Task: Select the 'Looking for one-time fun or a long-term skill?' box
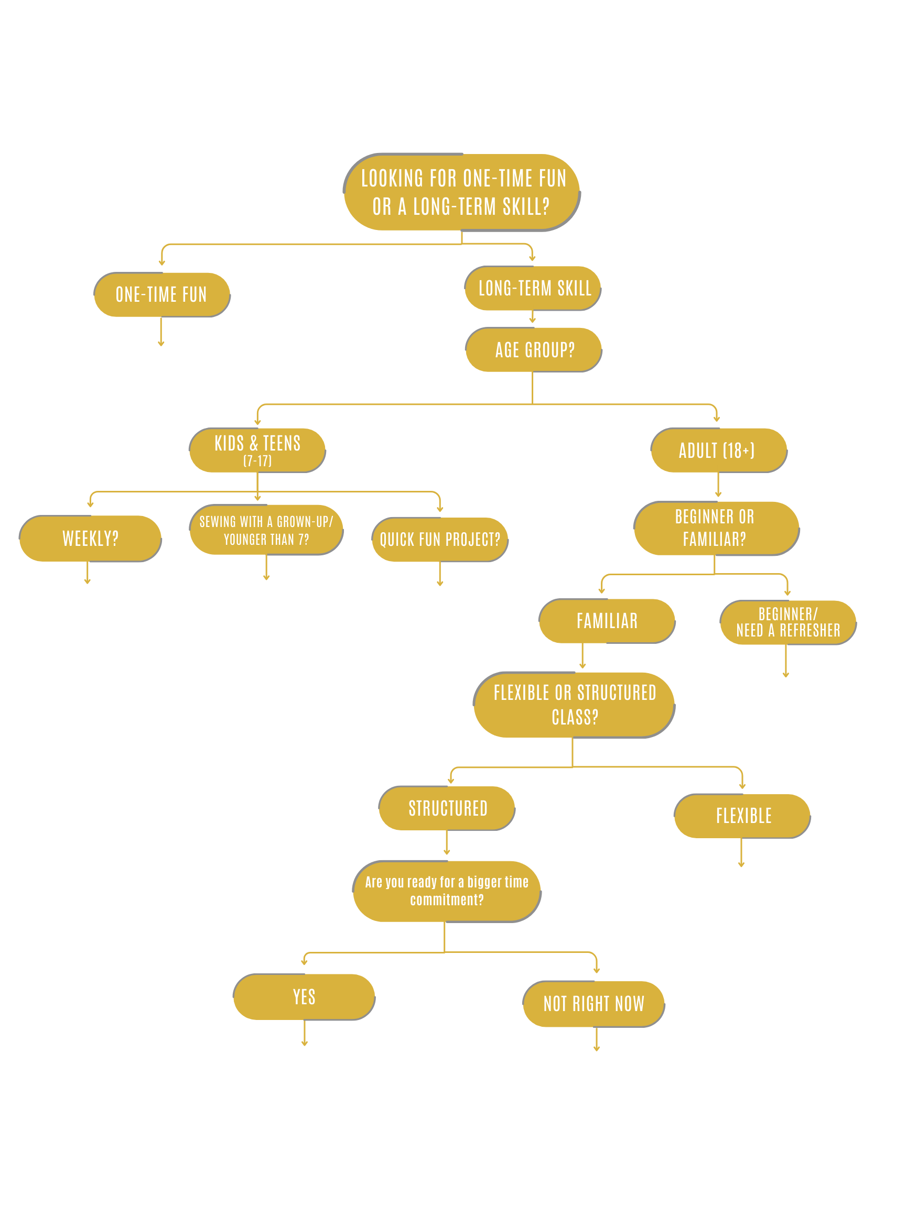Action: coord(462,192)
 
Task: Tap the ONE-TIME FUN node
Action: coord(161,294)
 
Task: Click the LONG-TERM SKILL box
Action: coord(533,288)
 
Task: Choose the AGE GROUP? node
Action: coord(534,350)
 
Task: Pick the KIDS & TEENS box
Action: coord(257,450)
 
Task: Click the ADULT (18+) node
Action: coord(719,450)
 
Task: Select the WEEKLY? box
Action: coord(90,539)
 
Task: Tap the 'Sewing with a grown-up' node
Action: coord(266,530)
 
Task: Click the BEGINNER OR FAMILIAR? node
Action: coord(716,528)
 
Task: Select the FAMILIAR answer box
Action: coord(607,621)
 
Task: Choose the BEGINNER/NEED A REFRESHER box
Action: coord(788,622)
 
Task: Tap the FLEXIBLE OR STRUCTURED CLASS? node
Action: coord(574,705)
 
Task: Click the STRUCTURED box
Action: coord(447,808)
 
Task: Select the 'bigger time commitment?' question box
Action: coord(447,891)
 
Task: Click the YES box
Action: coord(304,997)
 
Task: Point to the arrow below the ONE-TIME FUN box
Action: coord(161,332)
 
